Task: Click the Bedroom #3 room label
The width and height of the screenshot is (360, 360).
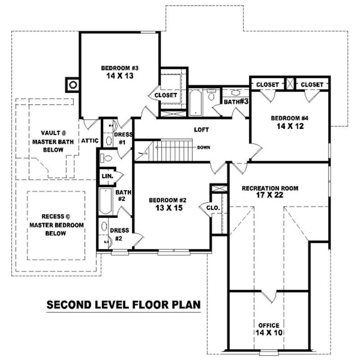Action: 120,68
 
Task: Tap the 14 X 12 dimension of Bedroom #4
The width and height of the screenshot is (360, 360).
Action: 289,126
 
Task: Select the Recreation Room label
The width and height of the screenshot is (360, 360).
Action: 270,188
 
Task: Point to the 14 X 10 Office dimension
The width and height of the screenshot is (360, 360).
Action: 268,333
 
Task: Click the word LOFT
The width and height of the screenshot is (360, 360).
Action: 201,130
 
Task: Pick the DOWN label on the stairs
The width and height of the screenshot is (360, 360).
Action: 203,147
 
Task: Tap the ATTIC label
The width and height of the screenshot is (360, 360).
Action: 90,141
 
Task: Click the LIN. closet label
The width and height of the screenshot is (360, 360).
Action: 107,175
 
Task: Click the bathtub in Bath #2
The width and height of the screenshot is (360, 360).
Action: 106,201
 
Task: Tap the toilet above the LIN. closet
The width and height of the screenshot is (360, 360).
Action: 106,158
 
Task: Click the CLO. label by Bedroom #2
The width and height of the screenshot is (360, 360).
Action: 213,207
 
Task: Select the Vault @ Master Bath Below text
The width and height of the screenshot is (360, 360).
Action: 54,141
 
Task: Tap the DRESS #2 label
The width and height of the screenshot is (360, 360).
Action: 120,234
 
